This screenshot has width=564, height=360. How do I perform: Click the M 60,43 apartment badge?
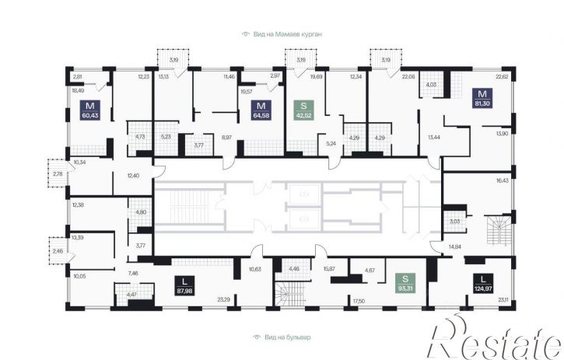point(90,110)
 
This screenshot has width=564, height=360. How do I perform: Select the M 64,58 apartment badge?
point(261,110)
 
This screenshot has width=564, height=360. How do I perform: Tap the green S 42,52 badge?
point(304,110)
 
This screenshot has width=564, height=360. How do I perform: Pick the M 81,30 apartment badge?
point(482,98)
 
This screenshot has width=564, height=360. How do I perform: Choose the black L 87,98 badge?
point(185,285)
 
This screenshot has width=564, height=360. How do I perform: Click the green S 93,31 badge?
point(405,283)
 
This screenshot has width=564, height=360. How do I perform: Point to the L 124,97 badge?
point(483,283)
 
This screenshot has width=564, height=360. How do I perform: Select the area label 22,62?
point(502,76)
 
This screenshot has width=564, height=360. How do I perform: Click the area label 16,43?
point(502,180)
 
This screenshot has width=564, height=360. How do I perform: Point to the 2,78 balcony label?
point(58,174)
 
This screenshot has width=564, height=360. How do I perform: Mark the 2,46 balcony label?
point(58,251)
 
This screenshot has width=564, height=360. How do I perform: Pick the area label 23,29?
point(224,299)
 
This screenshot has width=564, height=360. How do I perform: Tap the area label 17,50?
point(359,301)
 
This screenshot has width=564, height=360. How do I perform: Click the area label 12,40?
point(133,176)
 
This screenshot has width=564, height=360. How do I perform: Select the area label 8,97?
point(227,137)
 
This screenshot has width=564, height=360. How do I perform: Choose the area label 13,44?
point(434,137)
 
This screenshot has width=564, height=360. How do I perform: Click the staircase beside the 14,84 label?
point(499,230)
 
